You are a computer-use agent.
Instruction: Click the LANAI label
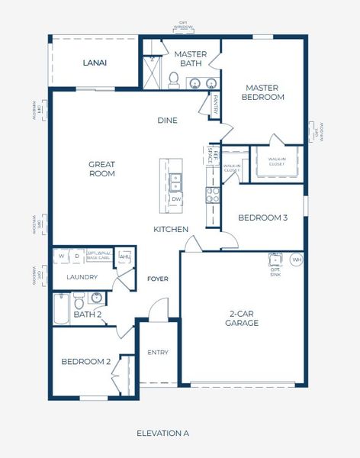point(95,63)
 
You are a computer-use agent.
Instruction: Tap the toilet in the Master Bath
point(173,79)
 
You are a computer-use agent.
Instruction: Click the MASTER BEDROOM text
point(262,92)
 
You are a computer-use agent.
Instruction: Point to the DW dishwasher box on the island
point(176,199)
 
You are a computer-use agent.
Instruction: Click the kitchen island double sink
point(175,182)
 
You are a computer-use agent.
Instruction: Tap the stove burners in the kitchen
point(214,195)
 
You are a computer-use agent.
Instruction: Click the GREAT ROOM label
point(101,168)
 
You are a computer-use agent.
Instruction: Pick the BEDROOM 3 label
point(262,218)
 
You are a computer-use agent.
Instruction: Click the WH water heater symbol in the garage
point(297,260)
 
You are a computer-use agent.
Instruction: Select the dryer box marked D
point(76,256)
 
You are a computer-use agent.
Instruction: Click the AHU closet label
point(124,256)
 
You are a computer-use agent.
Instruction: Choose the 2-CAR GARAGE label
point(243,318)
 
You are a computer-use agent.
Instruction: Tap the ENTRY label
point(158,352)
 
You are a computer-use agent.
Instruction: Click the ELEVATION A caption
point(162,433)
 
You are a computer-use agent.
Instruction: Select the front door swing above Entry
point(158,309)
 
